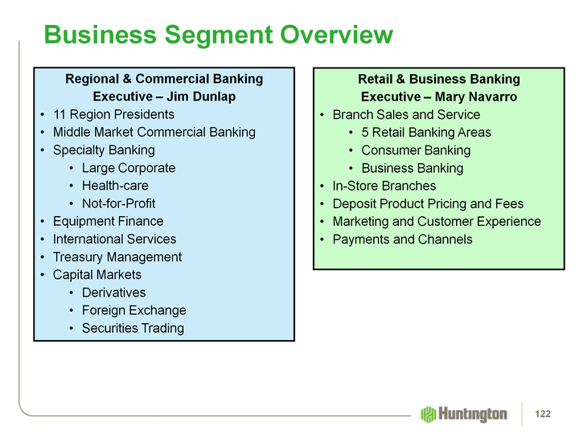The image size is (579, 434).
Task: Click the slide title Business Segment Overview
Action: (x=218, y=35)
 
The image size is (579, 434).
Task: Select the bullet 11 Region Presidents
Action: (x=113, y=114)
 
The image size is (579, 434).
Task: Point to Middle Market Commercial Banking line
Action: (x=154, y=132)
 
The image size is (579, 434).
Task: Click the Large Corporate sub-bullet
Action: (x=128, y=168)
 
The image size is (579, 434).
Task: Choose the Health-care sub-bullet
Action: (x=115, y=186)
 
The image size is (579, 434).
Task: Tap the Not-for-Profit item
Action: (x=118, y=203)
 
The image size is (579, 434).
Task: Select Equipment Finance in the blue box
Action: (x=108, y=221)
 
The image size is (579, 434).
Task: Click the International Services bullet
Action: (x=114, y=239)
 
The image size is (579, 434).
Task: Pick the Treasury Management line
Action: (x=117, y=257)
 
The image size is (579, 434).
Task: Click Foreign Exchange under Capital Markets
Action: (x=133, y=310)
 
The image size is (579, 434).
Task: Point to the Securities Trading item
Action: (x=133, y=328)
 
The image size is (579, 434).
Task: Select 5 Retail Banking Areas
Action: (x=425, y=132)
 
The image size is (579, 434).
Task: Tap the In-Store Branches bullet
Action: (x=384, y=186)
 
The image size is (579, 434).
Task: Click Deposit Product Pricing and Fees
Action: (x=428, y=203)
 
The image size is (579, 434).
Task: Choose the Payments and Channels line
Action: (x=402, y=240)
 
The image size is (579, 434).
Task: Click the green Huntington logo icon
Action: (x=428, y=414)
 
